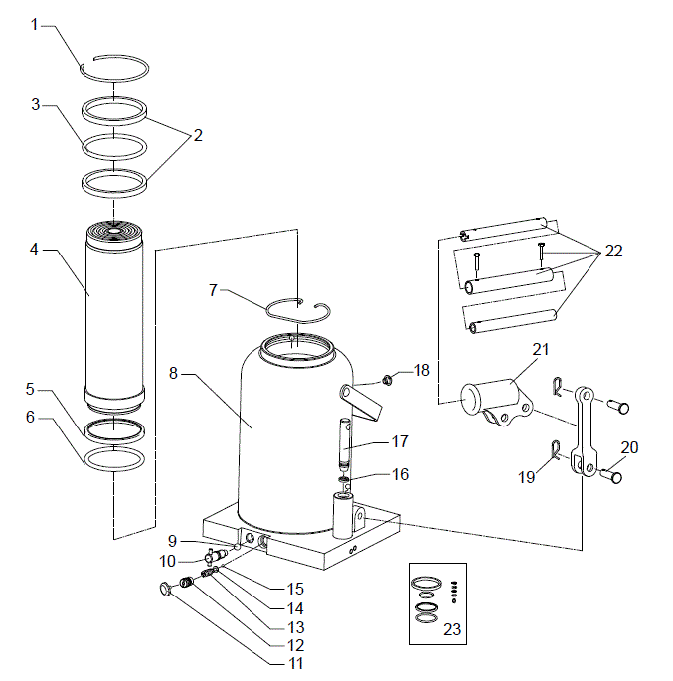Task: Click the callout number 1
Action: coord(34,24)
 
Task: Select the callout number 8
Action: coord(174,375)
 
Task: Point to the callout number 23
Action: coord(452,628)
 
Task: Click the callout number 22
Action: coord(613,252)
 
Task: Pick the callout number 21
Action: coord(540,349)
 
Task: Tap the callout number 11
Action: coord(295,663)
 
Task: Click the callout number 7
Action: coord(212,290)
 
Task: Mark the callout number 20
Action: coord(629,446)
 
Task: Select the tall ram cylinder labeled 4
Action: coord(115,318)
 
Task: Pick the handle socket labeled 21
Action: coord(493,397)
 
